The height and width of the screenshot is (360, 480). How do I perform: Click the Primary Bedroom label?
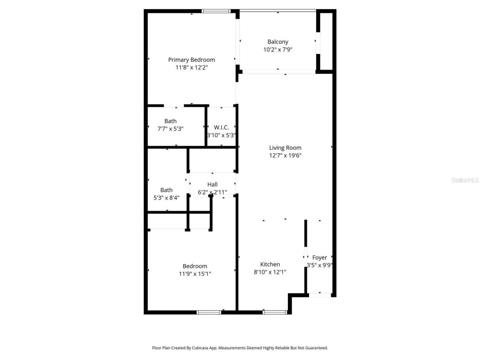click(x=191, y=60)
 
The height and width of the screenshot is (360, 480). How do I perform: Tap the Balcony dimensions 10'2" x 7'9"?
click(x=277, y=49)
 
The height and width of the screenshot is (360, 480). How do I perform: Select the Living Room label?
click(x=285, y=148)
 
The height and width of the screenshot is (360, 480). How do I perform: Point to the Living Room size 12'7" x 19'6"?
click(x=285, y=156)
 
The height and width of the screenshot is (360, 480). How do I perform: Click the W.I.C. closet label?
click(x=221, y=127)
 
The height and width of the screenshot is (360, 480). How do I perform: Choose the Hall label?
click(x=212, y=184)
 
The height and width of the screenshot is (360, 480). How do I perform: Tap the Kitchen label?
click(x=270, y=264)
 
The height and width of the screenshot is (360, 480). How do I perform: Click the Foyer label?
click(x=319, y=258)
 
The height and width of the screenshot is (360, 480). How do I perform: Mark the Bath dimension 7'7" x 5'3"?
click(x=170, y=129)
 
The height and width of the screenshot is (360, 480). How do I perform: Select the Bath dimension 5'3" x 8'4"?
click(x=166, y=198)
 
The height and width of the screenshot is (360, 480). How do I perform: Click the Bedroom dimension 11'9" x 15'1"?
click(x=195, y=274)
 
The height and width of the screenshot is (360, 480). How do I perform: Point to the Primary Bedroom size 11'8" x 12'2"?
click(x=191, y=67)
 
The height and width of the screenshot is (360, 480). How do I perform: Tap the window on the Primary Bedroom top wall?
click(x=216, y=11)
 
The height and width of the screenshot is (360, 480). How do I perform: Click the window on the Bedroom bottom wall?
click(x=209, y=312)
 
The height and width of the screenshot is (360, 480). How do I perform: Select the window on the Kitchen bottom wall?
click(x=275, y=312)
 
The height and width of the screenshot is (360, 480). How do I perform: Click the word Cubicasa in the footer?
click(x=200, y=348)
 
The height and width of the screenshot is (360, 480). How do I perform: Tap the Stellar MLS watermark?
click(x=465, y=180)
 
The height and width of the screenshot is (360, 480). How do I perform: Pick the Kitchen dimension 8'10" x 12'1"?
click(x=270, y=272)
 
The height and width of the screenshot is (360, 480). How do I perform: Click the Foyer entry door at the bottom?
click(x=320, y=295)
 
